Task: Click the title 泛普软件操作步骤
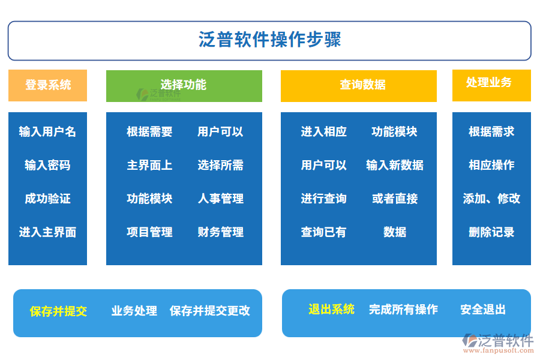(x=269, y=39)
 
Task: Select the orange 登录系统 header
(x=47, y=85)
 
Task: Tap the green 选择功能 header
(x=184, y=86)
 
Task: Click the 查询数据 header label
(x=362, y=85)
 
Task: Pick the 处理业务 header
(x=491, y=85)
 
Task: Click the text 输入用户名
(x=47, y=131)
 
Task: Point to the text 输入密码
(x=47, y=165)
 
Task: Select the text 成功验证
(x=47, y=199)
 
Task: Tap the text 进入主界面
(x=47, y=232)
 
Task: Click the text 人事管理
(x=221, y=199)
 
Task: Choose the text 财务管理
(x=221, y=232)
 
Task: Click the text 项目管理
(x=149, y=232)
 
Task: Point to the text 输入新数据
(x=395, y=165)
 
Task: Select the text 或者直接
(x=395, y=199)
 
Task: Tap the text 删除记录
(x=491, y=232)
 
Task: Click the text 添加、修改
(x=491, y=199)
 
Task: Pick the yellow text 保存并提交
(x=58, y=311)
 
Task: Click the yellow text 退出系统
(x=331, y=310)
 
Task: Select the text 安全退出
(x=483, y=310)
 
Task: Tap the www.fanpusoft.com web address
(x=499, y=350)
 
